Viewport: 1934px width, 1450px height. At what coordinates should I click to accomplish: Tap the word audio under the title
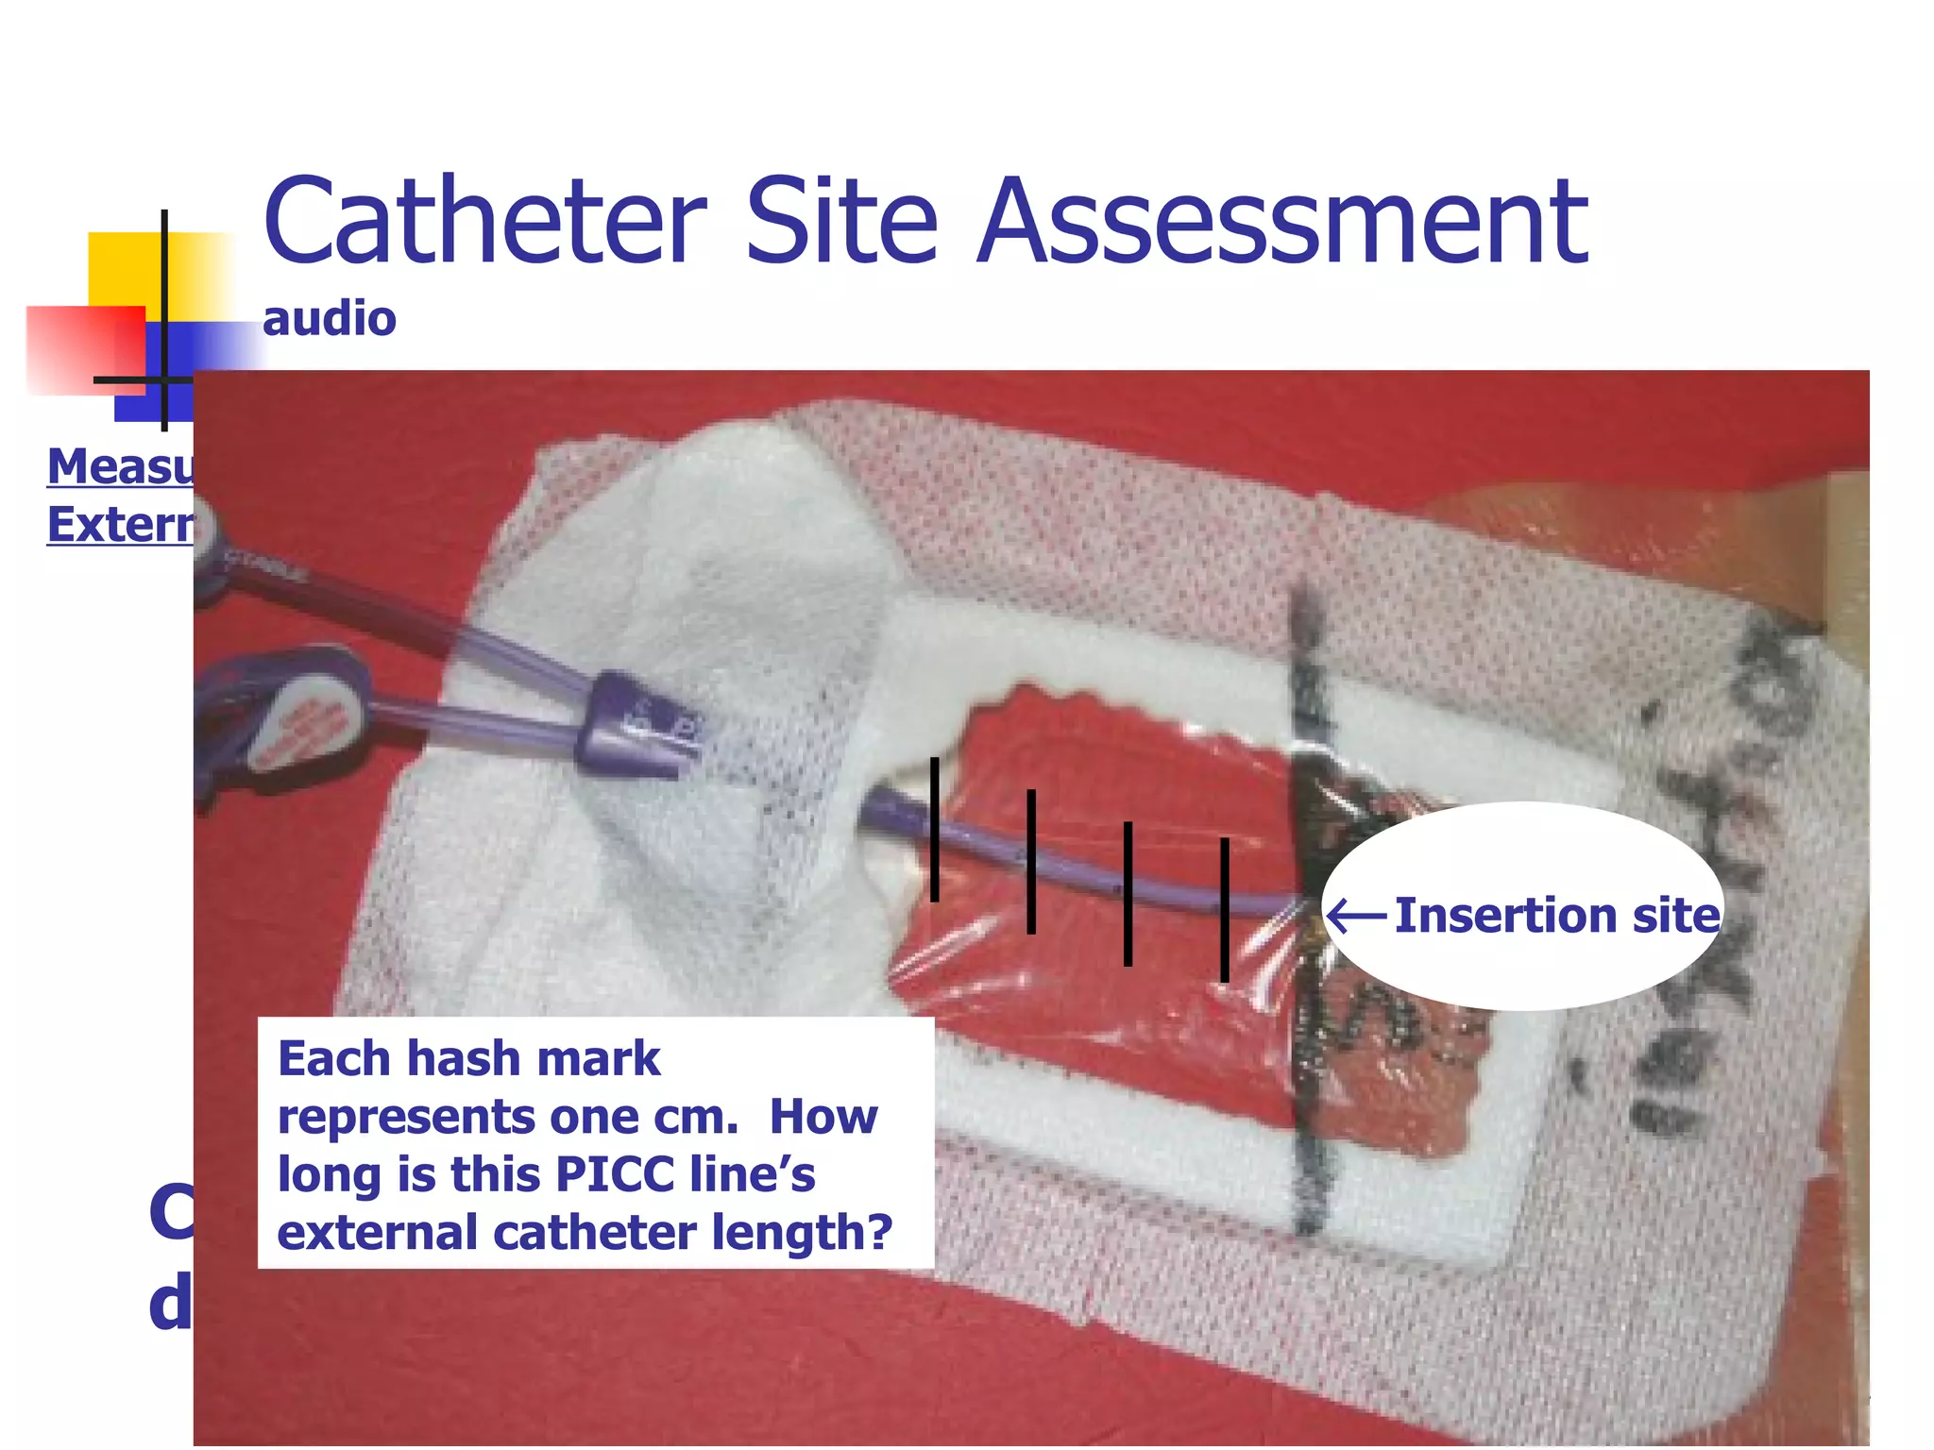point(329,319)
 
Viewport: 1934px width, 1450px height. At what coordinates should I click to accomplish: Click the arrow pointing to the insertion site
point(1356,916)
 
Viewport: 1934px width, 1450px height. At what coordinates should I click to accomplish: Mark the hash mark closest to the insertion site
point(1224,910)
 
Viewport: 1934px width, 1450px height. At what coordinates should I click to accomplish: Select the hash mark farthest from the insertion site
point(934,829)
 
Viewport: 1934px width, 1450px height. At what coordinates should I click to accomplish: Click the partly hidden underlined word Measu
point(120,466)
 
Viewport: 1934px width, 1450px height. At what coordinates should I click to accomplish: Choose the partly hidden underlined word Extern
point(120,525)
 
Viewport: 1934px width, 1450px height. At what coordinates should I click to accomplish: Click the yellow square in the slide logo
point(123,269)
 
